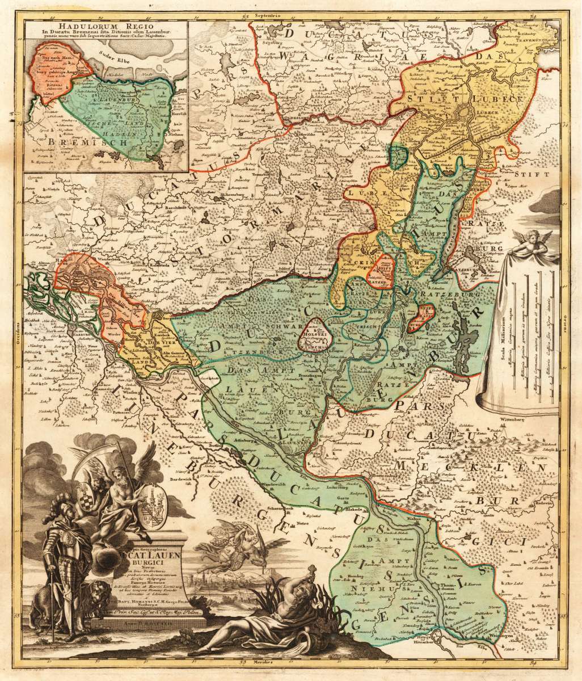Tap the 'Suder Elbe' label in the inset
click(113, 56)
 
